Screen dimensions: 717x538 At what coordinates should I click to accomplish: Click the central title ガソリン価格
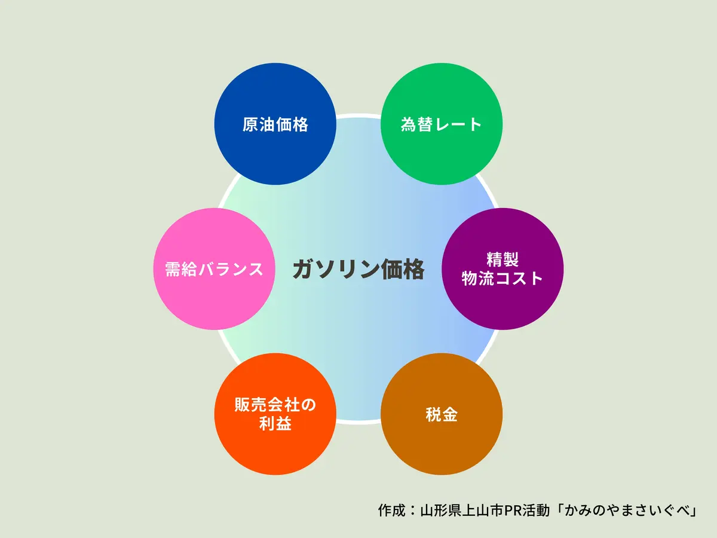pyautogui.click(x=358, y=270)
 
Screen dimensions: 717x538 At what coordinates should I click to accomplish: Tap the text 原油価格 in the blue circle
pyautogui.click(x=275, y=124)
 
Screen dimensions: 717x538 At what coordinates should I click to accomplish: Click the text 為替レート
pyautogui.click(x=442, y=124)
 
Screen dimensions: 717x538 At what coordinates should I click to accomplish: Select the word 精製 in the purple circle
pyautogui.click(x=502, y=259)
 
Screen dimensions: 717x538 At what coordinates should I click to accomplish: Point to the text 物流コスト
pyautogui.click(x=502, y=279)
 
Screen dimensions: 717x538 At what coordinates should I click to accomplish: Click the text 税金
pyautogui.click(x=442, y=414)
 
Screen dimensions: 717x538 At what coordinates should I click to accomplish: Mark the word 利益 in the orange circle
pyautogui.click(x=275, y=424)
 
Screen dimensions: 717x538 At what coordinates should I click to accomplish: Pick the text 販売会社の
pyautogui.click(x=275, y=405)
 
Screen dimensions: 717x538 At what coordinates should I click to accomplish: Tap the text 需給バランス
pyautogui.click(x=215, y=269)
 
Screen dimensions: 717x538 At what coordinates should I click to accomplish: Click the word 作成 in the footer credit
pyautogui.click(x=391, y=511)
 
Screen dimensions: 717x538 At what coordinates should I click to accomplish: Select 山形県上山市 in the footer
pyautogui.click(x=462, y=511)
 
